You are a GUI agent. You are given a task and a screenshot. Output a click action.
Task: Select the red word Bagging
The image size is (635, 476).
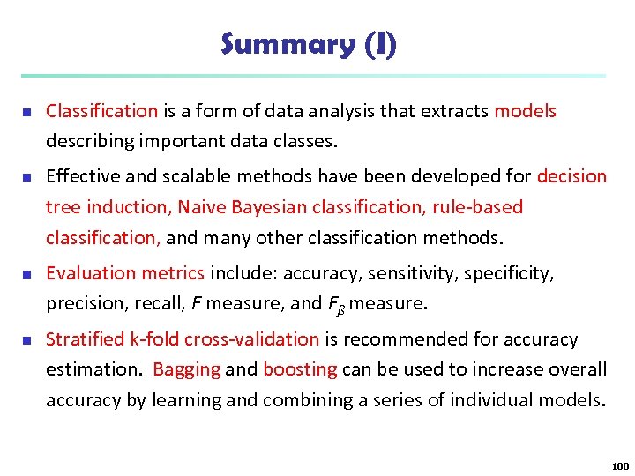click(186, 369)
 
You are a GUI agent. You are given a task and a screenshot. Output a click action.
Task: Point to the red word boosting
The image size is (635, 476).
click(300, 369)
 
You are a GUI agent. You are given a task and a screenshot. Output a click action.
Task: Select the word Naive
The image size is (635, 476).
click(200, 207)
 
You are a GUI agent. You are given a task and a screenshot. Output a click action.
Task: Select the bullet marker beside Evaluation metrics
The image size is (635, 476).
click(26, 274)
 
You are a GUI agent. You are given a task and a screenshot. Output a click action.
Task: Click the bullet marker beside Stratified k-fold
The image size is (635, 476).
click(26, 340)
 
